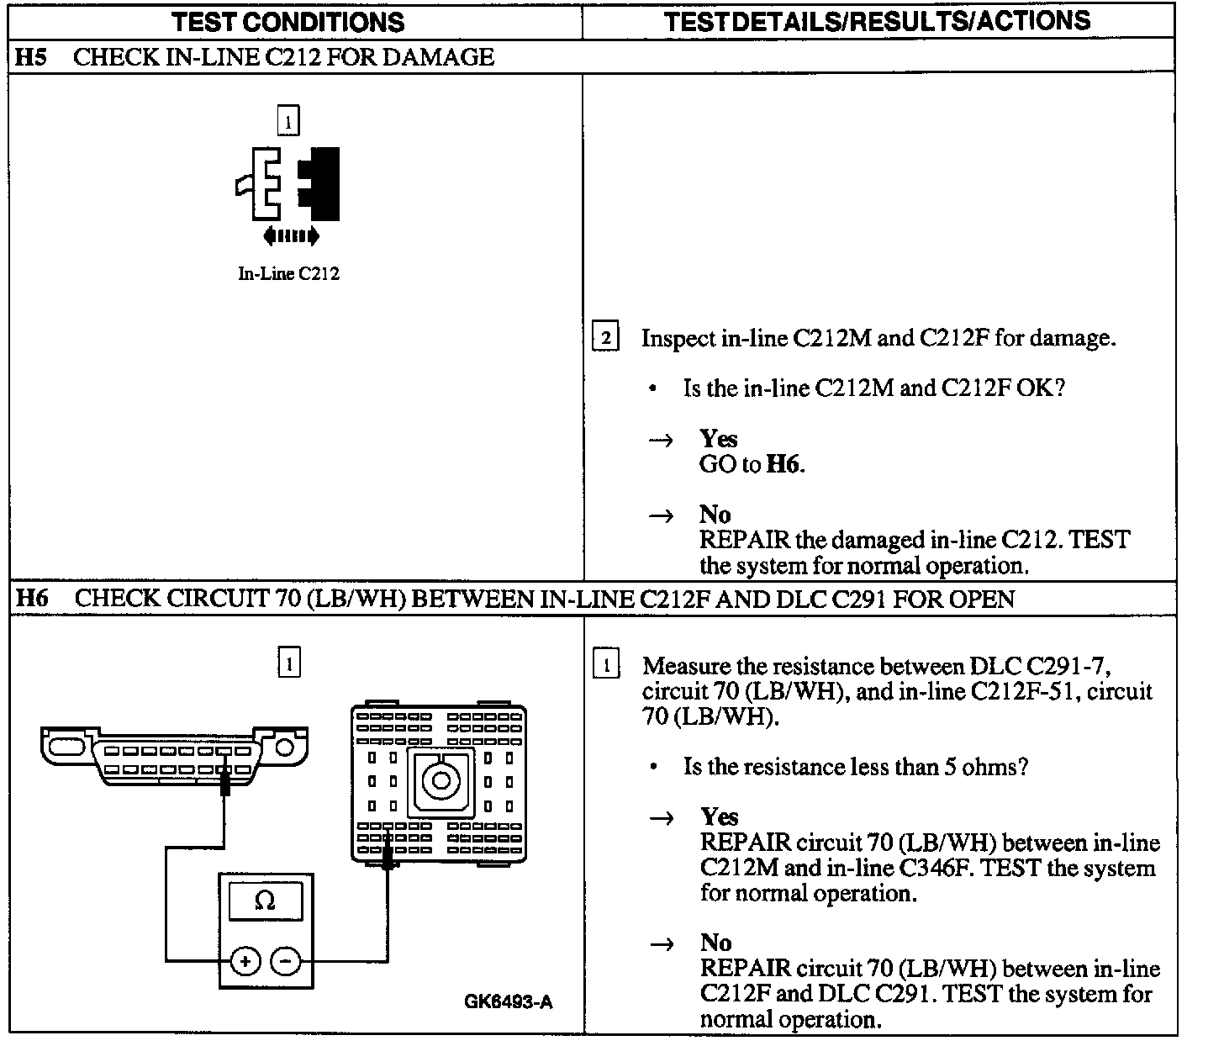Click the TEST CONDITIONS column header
tap(288, 22)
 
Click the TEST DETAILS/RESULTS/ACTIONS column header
tap(877, 21)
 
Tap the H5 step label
tap(31, 57)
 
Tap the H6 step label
tap(33, 599)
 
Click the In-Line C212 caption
tap(288, 273)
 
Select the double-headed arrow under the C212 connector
tap(291, 236)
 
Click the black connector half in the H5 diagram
tap(320, 183)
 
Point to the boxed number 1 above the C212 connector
tap(288, 122)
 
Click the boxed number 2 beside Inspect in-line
tap(605, 337)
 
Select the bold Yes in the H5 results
tap(718, 439)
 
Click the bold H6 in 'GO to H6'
tap(783, 464)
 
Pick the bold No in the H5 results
tap(715, 514)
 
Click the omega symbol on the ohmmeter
tap(265, 901)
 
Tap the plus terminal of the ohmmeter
tap(245, 959)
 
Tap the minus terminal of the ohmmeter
tap(287, 959)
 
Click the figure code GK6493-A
tap(509, 1001)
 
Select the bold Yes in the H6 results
tap(719, 817)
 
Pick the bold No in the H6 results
tap(715, 943)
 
